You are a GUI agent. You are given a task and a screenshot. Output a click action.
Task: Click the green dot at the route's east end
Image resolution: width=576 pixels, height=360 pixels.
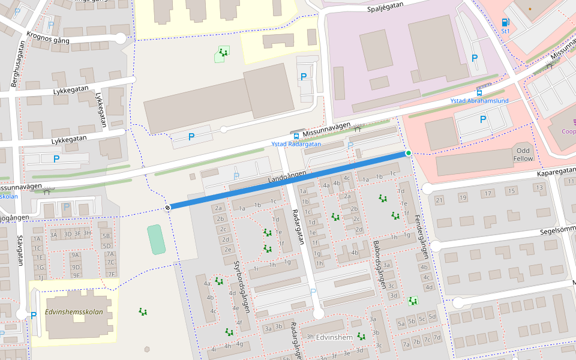[x=409, y=154]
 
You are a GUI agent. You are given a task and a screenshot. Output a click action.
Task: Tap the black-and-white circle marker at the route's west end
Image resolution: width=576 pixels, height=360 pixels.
[x=167, y=208]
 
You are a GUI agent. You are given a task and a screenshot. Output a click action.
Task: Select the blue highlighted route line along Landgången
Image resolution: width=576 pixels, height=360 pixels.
[x=288, y=181]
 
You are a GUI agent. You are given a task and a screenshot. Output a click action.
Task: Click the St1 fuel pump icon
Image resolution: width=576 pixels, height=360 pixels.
[x=505, y=23]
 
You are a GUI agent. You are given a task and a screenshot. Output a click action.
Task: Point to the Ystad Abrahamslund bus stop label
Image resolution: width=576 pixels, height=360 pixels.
[x=479, y=101]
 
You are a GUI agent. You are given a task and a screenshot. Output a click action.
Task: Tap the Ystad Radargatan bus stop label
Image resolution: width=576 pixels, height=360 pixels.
[x=296, y=144]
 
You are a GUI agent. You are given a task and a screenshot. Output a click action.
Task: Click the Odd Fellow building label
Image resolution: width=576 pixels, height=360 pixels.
[x=523, y=154]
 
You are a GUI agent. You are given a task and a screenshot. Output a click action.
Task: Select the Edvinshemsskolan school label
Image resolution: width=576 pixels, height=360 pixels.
[x=74, y=312]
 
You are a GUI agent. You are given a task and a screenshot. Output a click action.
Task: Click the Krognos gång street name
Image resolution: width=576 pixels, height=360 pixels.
[x=48, y=37]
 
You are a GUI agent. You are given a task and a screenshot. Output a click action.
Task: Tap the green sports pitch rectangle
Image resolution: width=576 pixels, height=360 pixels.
[x=155, y=239]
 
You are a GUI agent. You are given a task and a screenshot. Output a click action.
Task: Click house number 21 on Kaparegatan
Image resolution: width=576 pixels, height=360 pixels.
[x=439, y=200]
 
